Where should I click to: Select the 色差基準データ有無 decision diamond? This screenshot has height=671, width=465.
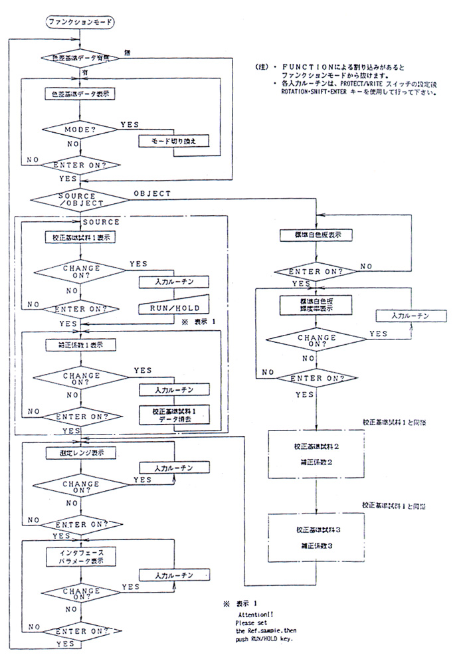pyautogui.click(x=81, y=58)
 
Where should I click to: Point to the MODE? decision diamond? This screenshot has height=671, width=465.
pyautogui.click(x=81, y=129)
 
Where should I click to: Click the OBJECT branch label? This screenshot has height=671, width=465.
pyautogui.click(x=151, y=193)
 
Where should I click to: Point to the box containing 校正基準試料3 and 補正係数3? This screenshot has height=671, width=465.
pyautogui.click(x=318, y=537)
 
